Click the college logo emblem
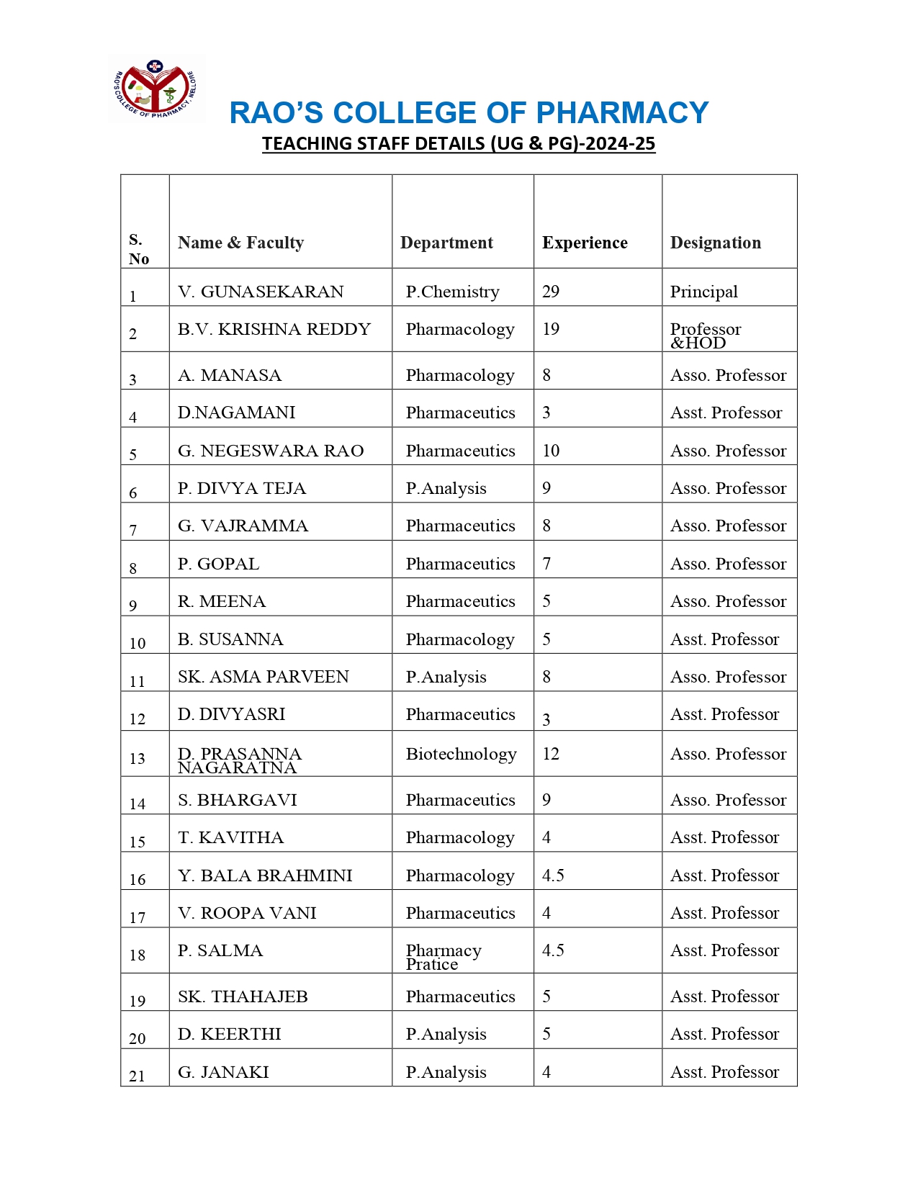[156, 90]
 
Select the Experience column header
[585, 243]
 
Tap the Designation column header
[715, 243]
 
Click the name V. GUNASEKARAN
[261, 292]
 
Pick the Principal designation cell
[703, 292]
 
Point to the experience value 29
[551, 292]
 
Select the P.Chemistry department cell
[452, 292]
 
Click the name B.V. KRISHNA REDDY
[274, 329]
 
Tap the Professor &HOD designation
[705, 336]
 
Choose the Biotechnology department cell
[461, 754]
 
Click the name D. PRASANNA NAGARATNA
[240, 760]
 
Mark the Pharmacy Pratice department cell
[443, 957]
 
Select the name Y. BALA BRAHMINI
[265, 876]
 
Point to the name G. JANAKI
[223, 1072]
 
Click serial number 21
[137, 1076]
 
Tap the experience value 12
[551, 754]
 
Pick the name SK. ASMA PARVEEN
[263, 677]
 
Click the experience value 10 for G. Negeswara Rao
[551, 451]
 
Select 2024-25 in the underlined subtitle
[620, 144]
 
